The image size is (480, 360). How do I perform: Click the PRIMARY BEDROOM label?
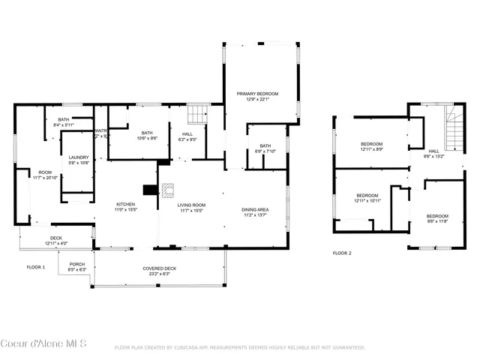257,93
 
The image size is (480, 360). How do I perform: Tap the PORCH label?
77,264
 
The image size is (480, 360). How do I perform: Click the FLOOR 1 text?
36,267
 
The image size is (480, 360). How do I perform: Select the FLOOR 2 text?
342,253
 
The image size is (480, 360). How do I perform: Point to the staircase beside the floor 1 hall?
196,114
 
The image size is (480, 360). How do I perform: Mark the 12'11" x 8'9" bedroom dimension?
371,150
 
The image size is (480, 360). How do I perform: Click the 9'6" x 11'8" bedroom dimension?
437,220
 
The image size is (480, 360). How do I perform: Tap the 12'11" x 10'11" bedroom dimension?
367,201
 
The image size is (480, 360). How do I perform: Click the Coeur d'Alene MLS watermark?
44,343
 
